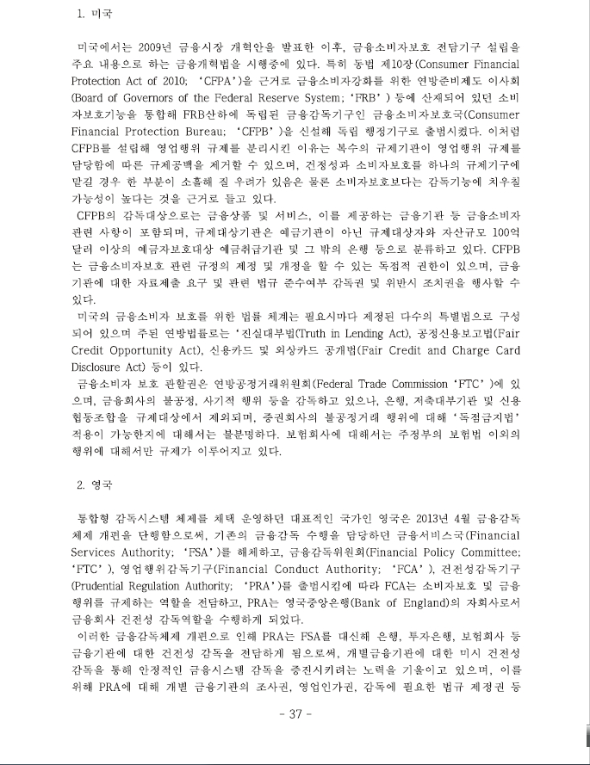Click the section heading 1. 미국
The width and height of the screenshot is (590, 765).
pyautogui.click(x=95, y=15)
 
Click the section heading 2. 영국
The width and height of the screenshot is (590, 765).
pyautogui.click(x=95, y=484)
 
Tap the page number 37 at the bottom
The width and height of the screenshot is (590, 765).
pyautogui.click(x=295, y=714)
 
